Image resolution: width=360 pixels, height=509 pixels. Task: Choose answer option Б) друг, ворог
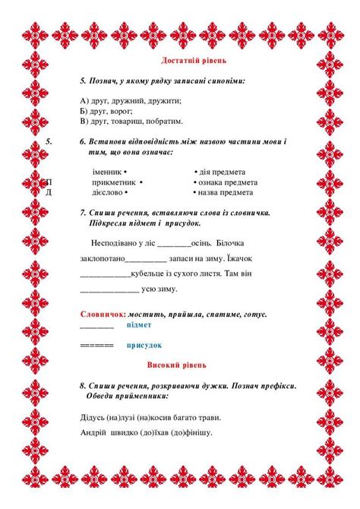coord(108,110)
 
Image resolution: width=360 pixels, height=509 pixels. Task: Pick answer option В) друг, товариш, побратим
coord(131,120)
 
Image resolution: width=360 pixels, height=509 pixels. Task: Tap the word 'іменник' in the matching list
coord(106,172)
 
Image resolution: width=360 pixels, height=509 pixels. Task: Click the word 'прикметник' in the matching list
coord(114,182)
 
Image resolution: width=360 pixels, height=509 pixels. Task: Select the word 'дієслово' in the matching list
coord(108,192)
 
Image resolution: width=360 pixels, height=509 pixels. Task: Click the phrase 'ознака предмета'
coord(228,182)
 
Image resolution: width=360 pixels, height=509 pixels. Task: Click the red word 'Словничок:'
coord(103,314)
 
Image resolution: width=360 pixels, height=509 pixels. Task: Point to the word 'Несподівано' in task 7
coord(113,243)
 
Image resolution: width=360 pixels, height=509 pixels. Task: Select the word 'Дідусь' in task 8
coord(93,416)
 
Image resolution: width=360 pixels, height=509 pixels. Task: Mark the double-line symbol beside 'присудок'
coord(96,345)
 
